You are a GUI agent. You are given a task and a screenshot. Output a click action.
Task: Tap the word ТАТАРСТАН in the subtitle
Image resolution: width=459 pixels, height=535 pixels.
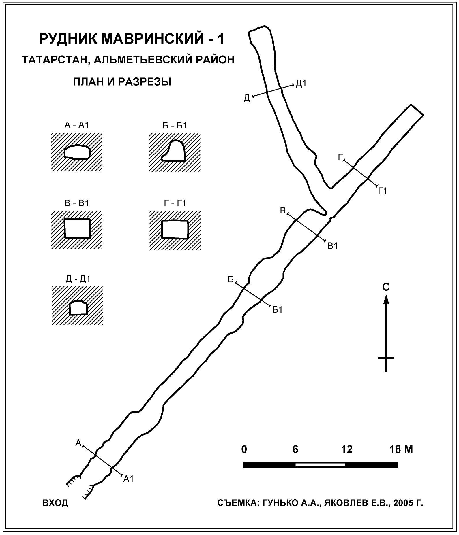pos(51,60)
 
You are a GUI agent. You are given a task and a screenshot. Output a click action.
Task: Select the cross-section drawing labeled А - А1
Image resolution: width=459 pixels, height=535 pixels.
pos(77,152)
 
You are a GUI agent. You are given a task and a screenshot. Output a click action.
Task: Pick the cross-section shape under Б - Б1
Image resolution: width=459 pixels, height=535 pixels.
pos(174,151)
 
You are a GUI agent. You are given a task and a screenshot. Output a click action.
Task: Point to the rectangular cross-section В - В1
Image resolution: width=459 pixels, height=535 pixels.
pos(77,228)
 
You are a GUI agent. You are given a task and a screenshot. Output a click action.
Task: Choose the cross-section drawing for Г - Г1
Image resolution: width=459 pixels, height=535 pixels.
pos(175,229)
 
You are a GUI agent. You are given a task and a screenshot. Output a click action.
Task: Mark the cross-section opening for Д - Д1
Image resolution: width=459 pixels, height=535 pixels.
pos(78,308)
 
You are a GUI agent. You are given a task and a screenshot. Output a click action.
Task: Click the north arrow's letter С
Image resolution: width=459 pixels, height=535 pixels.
pos(386,287)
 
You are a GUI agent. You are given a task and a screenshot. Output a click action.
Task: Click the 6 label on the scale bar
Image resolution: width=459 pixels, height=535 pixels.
pos(295,449)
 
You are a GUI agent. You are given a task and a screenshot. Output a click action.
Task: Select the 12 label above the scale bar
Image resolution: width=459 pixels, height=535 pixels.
pos(346,449)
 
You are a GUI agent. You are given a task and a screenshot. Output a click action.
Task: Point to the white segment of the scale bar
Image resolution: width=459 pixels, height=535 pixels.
pos(320,465)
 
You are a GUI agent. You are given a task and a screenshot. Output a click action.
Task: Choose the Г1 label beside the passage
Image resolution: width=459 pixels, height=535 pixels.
pos(382,191)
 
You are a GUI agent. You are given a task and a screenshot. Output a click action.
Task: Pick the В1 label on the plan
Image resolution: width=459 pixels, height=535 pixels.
pos(332,246)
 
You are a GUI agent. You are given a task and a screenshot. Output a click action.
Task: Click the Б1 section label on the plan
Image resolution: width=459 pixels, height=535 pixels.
pos(277,310)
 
